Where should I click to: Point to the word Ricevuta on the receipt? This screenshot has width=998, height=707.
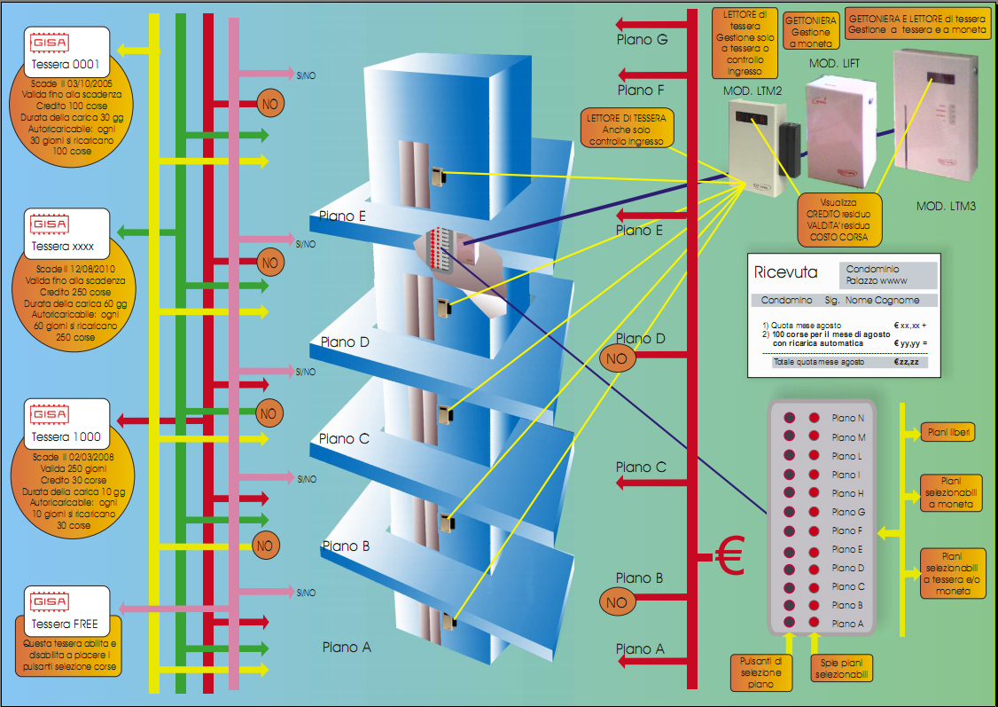click(785, 272)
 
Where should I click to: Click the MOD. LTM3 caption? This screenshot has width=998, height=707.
click(946, 207)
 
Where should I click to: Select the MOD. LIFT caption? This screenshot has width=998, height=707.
click(834, 64)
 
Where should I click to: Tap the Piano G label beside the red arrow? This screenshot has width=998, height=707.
click(642, 40)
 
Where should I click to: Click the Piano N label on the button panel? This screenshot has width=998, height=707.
click(848, 418)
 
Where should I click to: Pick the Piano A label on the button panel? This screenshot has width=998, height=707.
click(848, 624)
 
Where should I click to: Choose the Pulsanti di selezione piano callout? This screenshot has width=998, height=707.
click(762, 672)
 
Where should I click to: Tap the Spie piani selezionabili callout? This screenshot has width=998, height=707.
click(842, 668)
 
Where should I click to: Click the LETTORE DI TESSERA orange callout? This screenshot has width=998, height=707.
click(626, 130)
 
